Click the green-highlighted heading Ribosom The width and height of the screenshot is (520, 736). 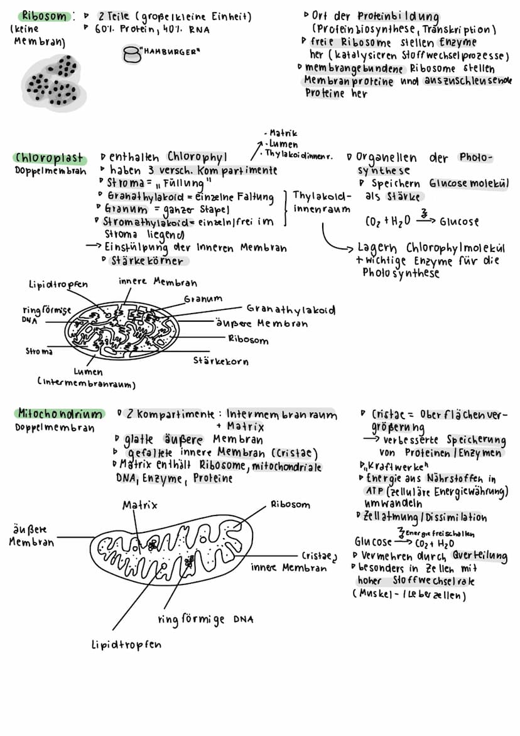click(x=43, y=16)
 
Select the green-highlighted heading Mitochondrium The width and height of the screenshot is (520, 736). click(x=59, y=414)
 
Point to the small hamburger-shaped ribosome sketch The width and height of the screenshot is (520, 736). click(x=132, y=55)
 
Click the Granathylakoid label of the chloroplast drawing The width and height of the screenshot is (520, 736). click(x=291, y=310)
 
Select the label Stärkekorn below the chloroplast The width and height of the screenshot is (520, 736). click(x=220, y=361)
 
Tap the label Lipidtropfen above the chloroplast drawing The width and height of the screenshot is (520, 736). click(x=58, y=285)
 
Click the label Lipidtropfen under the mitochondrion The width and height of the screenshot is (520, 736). click(x=126, y=644)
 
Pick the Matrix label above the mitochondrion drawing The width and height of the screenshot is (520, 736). click(x=139, y=505)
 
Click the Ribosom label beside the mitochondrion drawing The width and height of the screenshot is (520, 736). click(x=290, y=504)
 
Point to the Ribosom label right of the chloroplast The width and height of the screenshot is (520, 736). click(x=248, y=340)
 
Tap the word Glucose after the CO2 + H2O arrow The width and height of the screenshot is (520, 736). click(x=459, y=222)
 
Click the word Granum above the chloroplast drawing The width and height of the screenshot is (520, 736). click(x=203, y=299)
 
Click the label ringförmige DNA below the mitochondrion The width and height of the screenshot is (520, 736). click(x=205, y=620)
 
